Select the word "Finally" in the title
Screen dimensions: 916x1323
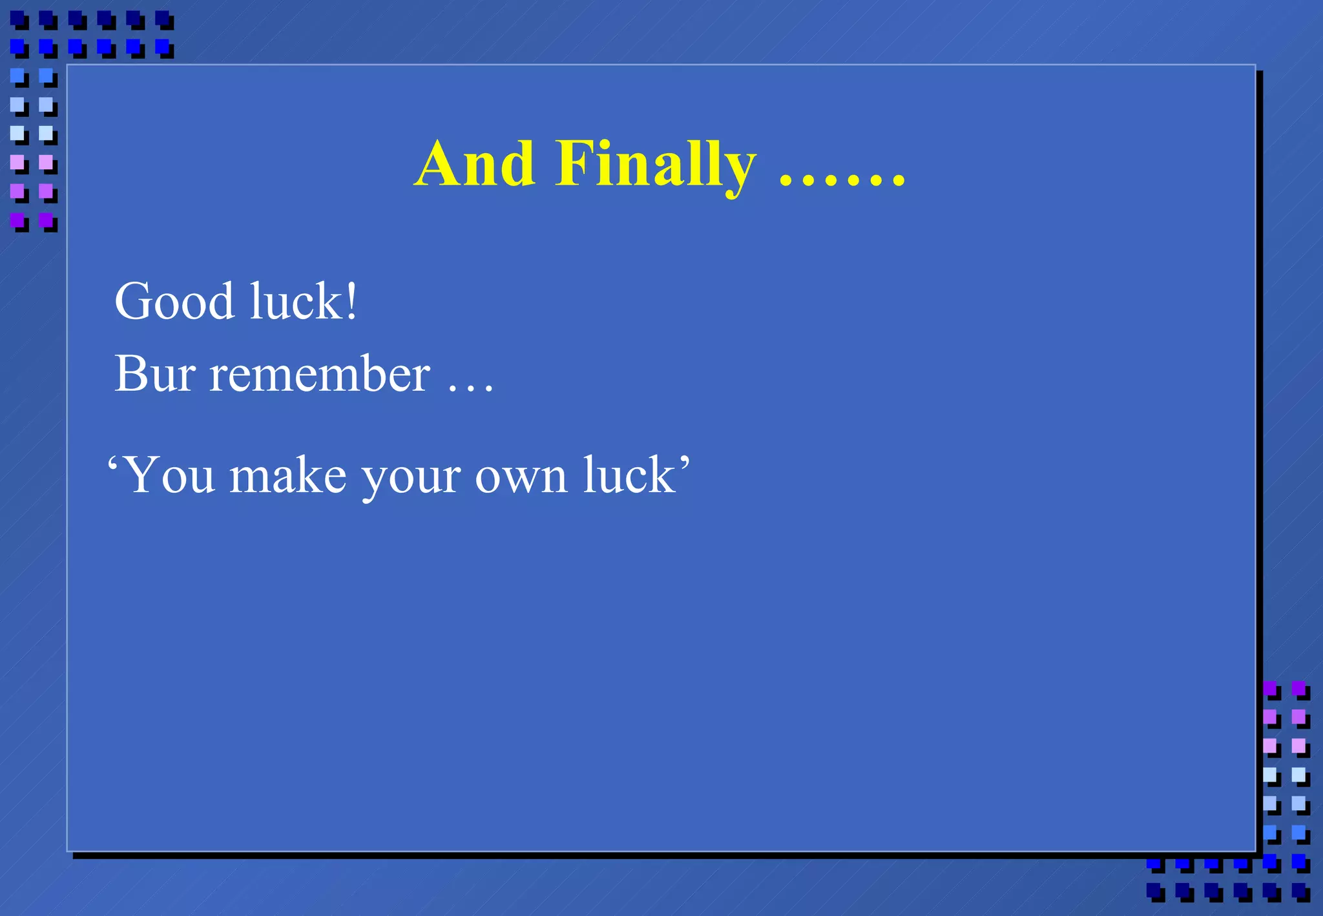(655, 165)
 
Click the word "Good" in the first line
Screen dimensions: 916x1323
(174, 302)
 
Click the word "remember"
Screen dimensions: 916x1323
(320, 374)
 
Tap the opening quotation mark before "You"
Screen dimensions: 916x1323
(113, 463)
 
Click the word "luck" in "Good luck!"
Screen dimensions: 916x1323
(297, 302)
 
